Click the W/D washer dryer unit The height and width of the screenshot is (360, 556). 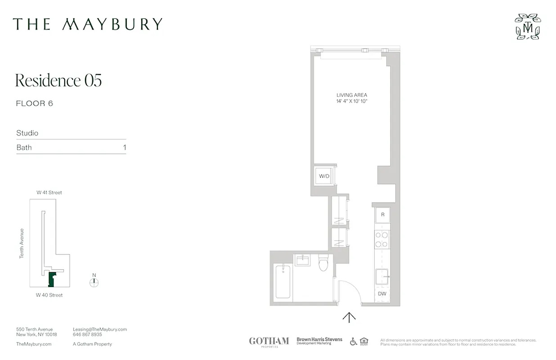click(x=324, y=176)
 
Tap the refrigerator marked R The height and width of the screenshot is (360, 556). click(x=383, y=215)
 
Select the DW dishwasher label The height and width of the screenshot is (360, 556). click(x=382, y=294)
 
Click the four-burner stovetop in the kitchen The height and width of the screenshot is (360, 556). click(x=382, y=239)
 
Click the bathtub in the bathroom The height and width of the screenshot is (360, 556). click(x=282, y=282)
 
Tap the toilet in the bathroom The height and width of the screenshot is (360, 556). click(x=323, y=264)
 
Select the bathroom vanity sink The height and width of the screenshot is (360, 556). click(x=302, y=260)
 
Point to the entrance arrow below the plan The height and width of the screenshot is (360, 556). click(x=349, y=317)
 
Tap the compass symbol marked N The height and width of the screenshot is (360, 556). click(x=94, y=282)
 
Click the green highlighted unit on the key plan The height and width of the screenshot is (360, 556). click(x=51, y=279)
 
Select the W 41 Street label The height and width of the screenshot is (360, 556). click(x=49, y=193)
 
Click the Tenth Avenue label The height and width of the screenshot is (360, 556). click(x=22, y=243)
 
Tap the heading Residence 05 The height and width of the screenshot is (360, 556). click(x=58, y=81)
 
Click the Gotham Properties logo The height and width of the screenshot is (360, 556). click(x=269, y=341)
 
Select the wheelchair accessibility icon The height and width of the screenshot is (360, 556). click(x=354, y=341)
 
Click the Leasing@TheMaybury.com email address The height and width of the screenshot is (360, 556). click(x=100, y=329)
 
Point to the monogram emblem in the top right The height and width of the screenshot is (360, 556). click(x=528, y=27)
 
